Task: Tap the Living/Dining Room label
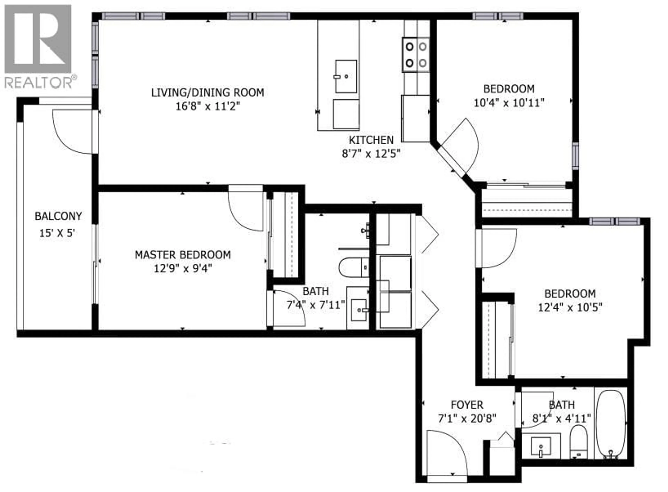click(x=207, y=93)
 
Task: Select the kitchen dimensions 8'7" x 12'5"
click(x=371, y=154)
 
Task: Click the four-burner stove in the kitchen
click(x=416, y=54)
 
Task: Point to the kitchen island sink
click(x=346, y=76)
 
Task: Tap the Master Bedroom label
click(x=183, y=255)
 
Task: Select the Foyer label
click(x=467, y=405)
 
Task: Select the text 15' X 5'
click(x=57, y=233)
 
